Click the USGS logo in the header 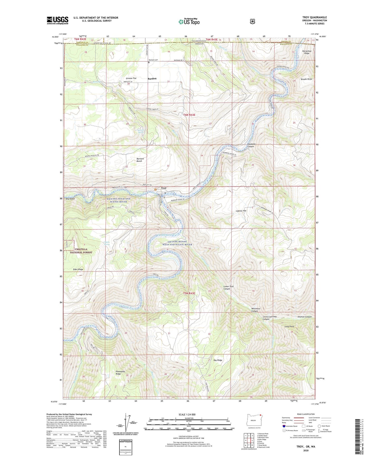coord(57,20)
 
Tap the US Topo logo coord(189,22)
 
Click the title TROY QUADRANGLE coord(315,17)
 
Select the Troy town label coord(164,188)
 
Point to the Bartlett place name coord(152,79)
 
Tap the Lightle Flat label coord(241,211)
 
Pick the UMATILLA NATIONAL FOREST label coord(81,251)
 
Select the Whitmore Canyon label coord(256,310)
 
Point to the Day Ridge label coord(218,360)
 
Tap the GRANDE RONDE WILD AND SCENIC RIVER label coord(180,243)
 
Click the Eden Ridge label coord(78,270)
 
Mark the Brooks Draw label coord(306,79)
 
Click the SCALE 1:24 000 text coord(187,414)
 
